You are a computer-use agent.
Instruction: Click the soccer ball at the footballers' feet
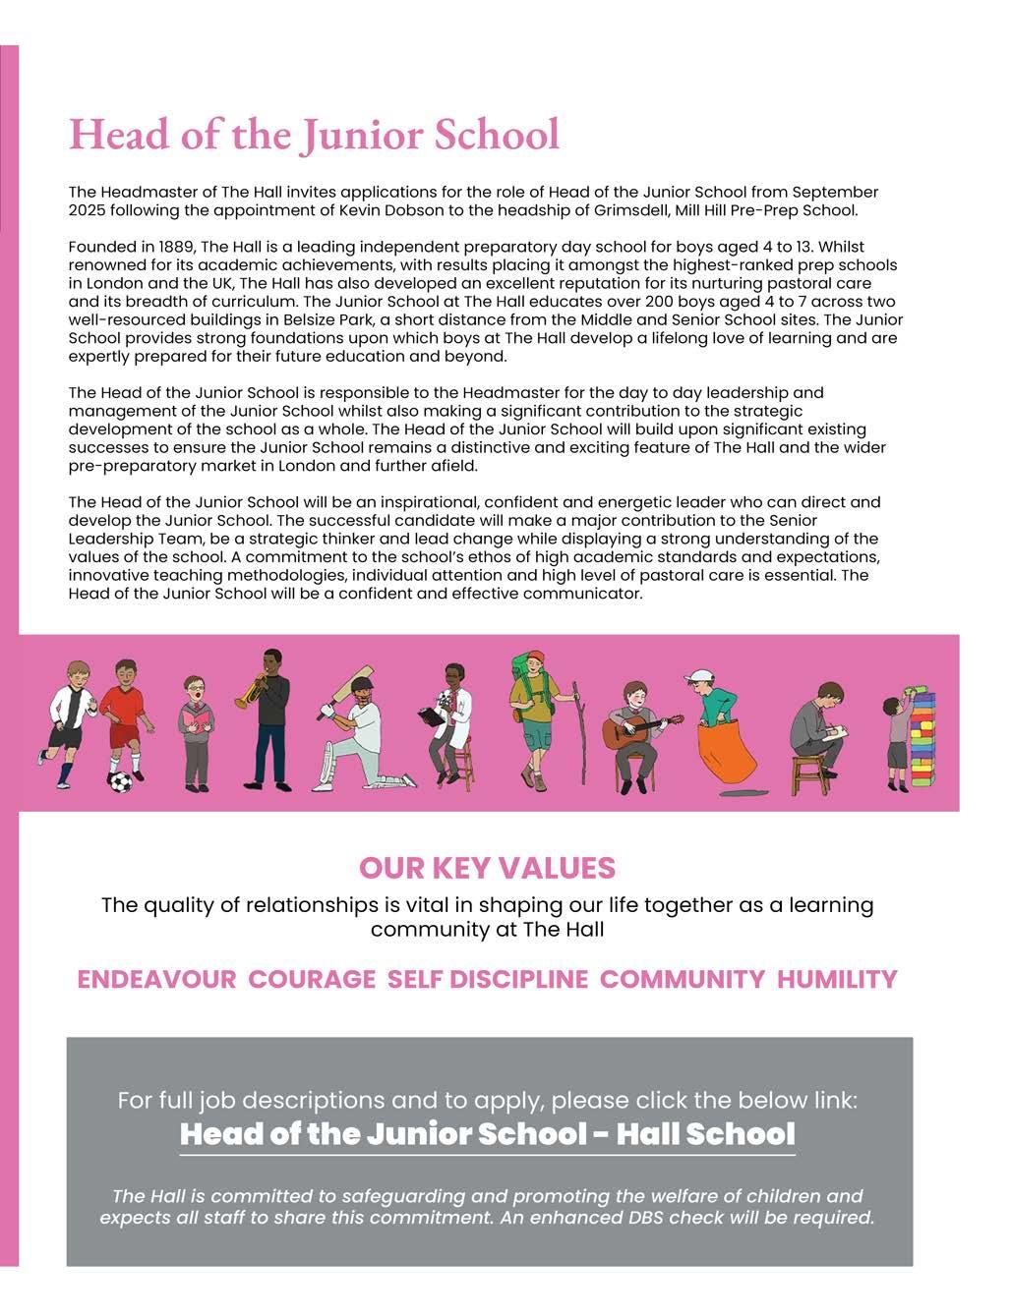[x=120, y=781]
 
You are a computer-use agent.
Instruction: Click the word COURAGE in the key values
[x=312, y=980]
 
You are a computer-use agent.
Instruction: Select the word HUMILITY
[x=837, y=980]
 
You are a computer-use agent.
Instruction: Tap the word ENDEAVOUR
[x=156, y=980]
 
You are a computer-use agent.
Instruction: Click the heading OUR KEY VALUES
[x=487, y=868]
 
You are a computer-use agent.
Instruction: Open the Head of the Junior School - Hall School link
[x=487, y=1134]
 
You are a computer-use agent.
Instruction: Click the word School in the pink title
[x=500, y=135]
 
